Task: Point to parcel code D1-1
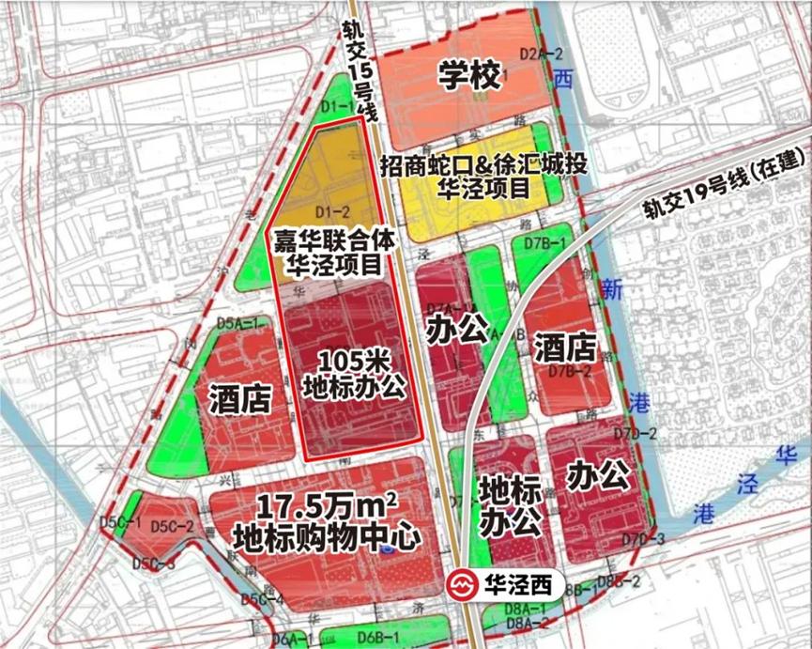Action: [x=337, y=107]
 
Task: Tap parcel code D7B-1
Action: [x=544, y=244]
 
